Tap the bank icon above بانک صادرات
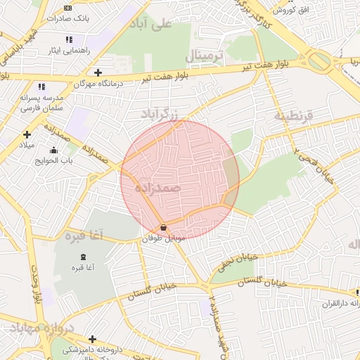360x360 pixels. (67, 8)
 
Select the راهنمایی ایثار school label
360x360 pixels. (64, 51)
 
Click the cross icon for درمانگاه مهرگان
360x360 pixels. (98, 72)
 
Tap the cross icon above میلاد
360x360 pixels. (27, 134)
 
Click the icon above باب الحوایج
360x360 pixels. (53, 150)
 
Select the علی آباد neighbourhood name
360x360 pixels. (150, 25)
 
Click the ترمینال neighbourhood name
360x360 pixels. (207, 55)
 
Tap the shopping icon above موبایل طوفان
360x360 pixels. (164, 227)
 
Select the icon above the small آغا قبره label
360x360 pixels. (84, 256)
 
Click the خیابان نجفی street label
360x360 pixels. (231, 261)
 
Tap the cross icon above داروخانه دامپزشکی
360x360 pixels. (92, 339)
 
